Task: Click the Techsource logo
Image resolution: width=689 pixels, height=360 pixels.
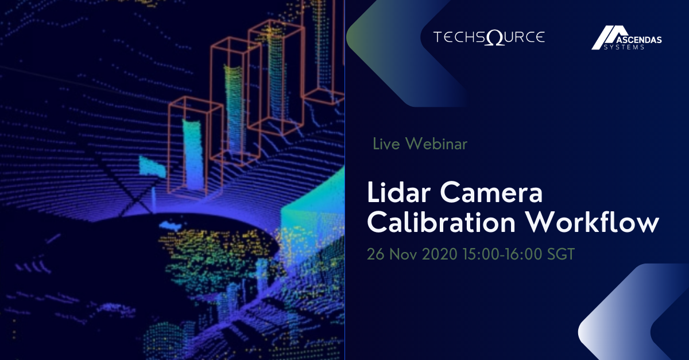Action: (489, 38)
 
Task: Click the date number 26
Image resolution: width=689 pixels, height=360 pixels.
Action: (376, 254)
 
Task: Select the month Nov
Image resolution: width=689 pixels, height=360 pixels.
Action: (405, 254)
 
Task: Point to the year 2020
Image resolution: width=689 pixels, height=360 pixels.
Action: (441, 254)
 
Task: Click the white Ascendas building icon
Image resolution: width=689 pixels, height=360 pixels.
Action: (604, 38)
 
